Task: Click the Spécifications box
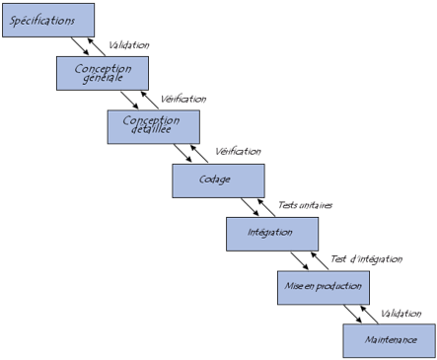pyautogui.click(x=48, y=20)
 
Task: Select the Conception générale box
pyautogui.click(x=103, y=72)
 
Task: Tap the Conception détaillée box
pyautogui.click(x=152, y=126)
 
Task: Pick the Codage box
pyautogui.click(x=218, y=180)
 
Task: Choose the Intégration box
pyautogui.click(x=272, y=234)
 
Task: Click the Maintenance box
pyautogui.click(x=389, y=340)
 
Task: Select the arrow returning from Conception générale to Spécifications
pyautogui.click(x=92, y=44)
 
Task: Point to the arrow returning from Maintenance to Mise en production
pyautogui.click(x=368, y=314)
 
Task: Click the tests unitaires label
pyautogui.click(x=301, y=205)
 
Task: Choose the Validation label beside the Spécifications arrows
pyautogui.click(x=128, y=44)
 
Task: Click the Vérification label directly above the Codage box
pyautogui.click(x=238, y=151)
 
